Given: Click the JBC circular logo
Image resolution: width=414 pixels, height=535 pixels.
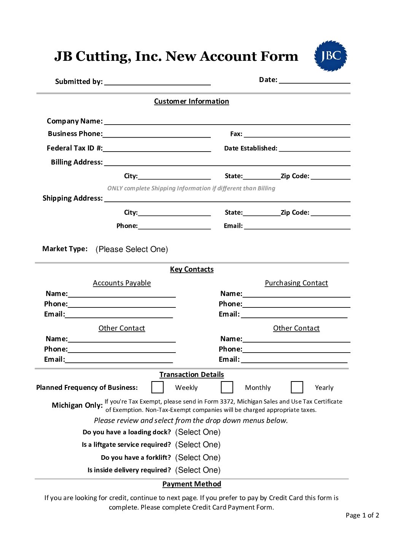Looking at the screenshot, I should (330, 56).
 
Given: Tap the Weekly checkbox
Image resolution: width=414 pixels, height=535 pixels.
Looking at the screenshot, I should (158, 387).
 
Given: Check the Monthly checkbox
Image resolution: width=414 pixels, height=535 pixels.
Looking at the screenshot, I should (227, 387).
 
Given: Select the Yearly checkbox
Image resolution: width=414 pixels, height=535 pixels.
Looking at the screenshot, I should (297, 387).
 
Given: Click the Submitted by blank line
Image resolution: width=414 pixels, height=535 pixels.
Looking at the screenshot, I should (158, 82).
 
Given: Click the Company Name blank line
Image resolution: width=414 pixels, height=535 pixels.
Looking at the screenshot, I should (227, 122).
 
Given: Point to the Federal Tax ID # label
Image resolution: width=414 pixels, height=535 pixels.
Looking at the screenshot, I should (75, 148).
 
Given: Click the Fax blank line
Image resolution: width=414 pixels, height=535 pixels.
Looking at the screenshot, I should (297, 135).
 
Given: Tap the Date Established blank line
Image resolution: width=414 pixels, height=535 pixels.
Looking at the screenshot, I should (314, 149).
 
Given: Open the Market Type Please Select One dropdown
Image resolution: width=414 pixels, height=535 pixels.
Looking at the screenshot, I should (132, 249).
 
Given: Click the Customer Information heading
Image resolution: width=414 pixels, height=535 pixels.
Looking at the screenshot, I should (191, 101).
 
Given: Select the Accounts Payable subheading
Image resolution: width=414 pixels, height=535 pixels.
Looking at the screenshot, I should (122, 283).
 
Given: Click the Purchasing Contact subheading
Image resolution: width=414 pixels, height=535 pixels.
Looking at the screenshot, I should (296, 283).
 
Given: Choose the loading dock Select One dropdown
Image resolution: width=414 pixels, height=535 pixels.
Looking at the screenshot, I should (197, 432).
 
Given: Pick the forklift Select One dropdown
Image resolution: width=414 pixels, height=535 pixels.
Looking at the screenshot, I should (197, 457).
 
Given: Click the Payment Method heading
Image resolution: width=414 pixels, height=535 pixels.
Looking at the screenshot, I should (191, 484).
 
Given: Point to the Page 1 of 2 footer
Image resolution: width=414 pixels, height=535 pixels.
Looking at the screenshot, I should (362, 515).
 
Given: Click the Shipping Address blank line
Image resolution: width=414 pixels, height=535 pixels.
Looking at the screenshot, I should (227, 199).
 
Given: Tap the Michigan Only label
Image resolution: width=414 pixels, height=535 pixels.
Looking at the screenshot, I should (77, 405).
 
